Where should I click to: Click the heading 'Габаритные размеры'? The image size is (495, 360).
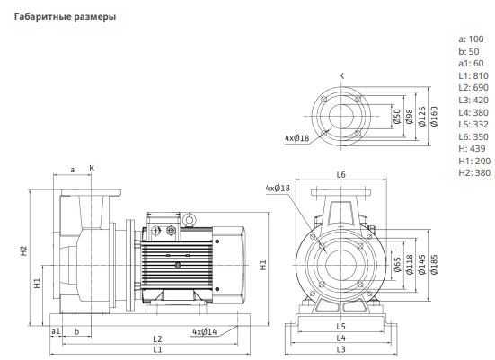(x=65, y=17)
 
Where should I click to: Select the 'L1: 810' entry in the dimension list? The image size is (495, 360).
(x=473, y=76)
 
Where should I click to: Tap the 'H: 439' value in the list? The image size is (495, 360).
(x=472, y=149)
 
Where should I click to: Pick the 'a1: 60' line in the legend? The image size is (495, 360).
(x=471, y=64)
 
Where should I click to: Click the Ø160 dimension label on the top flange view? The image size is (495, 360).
(x=434, y=117)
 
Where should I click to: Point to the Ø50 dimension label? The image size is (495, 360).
(x=397, y=117)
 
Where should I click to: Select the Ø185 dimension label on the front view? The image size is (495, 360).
(x=434, y=265)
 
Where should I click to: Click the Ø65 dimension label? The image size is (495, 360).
(x=397, y=265)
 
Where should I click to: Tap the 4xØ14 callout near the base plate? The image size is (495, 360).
(x=205, y=332)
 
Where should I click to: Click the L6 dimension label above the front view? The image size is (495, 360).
(x=341, y=174)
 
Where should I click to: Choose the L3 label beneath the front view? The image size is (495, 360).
(x=341, y=349)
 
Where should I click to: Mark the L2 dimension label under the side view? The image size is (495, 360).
(x=157, y=339)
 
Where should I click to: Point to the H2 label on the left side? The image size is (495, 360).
(x=24, y=250)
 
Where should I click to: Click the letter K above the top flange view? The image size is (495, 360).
(x=341, y=76)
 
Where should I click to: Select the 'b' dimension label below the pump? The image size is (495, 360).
(x=76, y=331)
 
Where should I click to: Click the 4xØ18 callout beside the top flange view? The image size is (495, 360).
(x=296, y=138)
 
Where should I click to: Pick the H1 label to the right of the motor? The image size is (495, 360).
(x=263, y=265)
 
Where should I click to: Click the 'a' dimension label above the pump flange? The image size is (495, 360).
(x=72, y=170)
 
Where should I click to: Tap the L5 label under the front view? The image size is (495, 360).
(x=341, y=327)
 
